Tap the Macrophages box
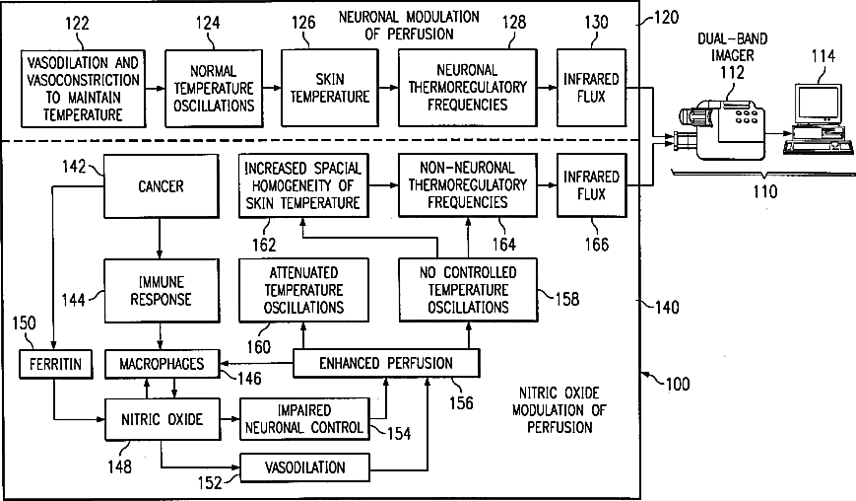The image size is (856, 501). [x=161, y=365]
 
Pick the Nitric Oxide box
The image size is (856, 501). [x=161, y=419]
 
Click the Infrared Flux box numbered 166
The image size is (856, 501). [x=590, y=184]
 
